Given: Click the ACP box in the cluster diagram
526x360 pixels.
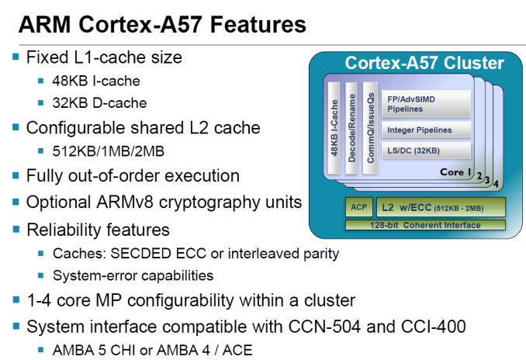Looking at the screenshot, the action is tap(359, 207).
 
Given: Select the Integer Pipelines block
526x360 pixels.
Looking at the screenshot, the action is tap(426, 130).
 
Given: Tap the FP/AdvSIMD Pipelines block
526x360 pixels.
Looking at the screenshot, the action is tap(426, 104).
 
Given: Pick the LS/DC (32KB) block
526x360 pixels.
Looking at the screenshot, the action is tap(426, 151).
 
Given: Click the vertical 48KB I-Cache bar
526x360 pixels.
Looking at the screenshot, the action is tap(334, 128).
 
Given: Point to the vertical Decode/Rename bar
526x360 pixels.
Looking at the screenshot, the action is tap(351, 128).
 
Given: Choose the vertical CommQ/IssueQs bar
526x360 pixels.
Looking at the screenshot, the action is tap(370, 128).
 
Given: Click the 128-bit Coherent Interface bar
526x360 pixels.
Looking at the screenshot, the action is tap(425, 225).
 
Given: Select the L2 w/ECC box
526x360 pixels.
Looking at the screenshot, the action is tap(441, 207).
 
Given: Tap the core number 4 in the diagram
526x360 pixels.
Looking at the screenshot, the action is tap(496, 184).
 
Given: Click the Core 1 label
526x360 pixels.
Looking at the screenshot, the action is tap(455, 172).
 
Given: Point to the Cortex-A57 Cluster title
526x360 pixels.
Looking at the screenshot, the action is tap(424, 63).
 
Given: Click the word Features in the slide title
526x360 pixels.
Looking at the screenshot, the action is tap(258, 25).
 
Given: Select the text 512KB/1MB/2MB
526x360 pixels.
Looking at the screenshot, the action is tap(109, 151).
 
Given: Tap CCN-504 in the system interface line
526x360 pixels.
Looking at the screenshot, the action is tap(324, 327).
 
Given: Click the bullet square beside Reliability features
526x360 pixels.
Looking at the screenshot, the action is tap(16, 230).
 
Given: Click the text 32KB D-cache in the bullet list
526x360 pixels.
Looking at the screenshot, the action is tap(99, 103).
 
